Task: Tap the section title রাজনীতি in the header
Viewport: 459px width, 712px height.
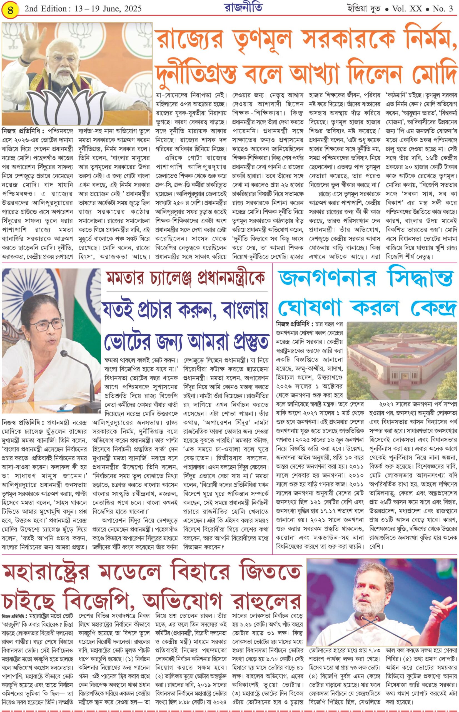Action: click(x=243, y=8)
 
